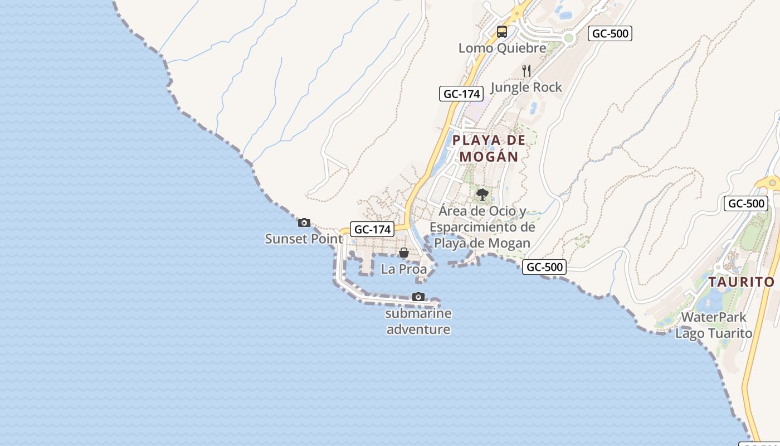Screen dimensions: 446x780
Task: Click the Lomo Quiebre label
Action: click(x=502, y=48)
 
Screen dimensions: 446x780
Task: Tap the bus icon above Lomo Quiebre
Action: click(x=502, y=31)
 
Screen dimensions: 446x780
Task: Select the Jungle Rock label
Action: click(x=526, y=87)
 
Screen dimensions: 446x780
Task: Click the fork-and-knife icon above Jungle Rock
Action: click(x=526, y=70)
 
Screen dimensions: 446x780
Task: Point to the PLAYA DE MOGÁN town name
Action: click(x=489, y=148)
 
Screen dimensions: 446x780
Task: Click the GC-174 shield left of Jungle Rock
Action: click(x=460, y=94)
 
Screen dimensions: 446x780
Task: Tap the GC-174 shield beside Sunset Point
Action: click(x=372, y=229)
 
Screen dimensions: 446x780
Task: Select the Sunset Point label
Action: click(x=304, y=239)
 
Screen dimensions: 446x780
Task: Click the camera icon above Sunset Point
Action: click(x=304, y=223)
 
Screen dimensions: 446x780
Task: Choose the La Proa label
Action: click(x=404, y=269)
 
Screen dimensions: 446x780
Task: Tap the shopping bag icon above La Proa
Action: click(x=404, y=253)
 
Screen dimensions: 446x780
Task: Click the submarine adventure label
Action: click(x=418, y=321)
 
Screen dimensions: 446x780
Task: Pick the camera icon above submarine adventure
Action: click(x=418, y=297)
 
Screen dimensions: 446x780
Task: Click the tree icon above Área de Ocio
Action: click(x=482, y=195)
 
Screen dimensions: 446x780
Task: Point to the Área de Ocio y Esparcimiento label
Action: click(x=482, y=227)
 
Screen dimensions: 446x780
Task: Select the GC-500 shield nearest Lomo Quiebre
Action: click(x=610, y=33)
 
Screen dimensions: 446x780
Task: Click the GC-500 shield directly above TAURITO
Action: click(x=746, y=203)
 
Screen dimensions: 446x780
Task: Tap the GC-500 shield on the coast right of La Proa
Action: click(x=544, y=267)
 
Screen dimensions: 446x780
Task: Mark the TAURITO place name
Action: click(x=742, y=282)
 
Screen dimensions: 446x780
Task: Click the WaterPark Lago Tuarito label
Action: click(x=714, y=326)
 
